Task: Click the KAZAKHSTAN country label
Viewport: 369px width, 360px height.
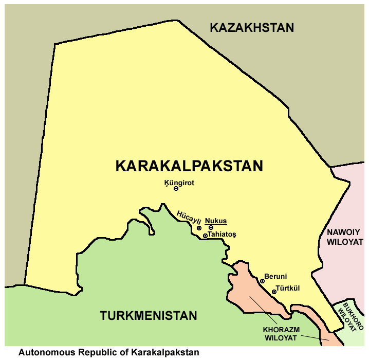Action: point(252,28)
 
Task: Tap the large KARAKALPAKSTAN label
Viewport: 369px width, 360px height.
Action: point(189,166)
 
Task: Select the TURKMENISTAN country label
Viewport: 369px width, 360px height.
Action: point(149,316)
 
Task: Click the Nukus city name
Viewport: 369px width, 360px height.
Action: point(216,221)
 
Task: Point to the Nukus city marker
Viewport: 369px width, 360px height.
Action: point(211,228)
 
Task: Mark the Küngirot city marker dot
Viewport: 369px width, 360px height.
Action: point(176,189)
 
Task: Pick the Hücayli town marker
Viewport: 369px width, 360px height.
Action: point(199,228)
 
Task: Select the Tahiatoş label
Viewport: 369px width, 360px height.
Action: point(222,235)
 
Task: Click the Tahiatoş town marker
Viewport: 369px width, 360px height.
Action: point(205,236)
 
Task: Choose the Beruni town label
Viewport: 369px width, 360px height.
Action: point(275,276)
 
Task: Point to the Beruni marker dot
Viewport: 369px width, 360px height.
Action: point(262,281)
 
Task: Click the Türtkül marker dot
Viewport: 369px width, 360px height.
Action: point(274,292)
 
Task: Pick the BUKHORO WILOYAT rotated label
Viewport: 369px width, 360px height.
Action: point(352,315)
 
